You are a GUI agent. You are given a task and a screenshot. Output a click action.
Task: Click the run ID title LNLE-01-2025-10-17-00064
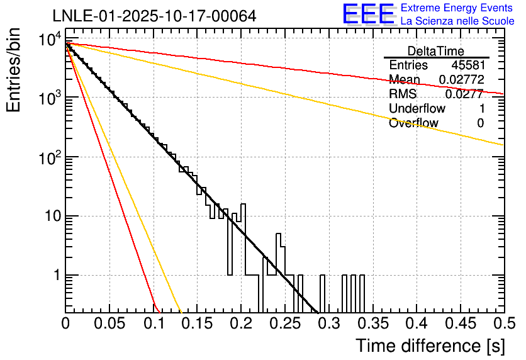tap(154, 16)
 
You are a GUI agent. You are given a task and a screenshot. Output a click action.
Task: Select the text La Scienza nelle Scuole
tap(457, 21)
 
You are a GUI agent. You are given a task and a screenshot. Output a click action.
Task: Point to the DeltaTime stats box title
tap(436, 51)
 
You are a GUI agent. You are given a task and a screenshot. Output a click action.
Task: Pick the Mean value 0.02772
tap(462, 80)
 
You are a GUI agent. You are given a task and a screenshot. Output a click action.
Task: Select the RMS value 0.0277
tap(464, 94)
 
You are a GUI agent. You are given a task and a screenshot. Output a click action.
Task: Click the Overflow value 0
tap(480, 123)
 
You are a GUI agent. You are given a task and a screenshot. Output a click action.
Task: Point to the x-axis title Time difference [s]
tap(429, 346)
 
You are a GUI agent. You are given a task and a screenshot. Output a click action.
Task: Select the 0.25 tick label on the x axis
tap(284, 323)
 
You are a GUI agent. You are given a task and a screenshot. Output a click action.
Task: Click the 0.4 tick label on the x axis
tap(415, 323)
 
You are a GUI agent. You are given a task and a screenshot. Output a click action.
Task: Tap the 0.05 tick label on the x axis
tap(109, 323)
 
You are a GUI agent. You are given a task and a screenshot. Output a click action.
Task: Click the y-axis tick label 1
tap(56, 276)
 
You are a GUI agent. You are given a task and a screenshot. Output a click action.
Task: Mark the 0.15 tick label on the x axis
tap(197, 323)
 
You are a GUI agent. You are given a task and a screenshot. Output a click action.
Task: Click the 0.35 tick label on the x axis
tap(372, 323)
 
